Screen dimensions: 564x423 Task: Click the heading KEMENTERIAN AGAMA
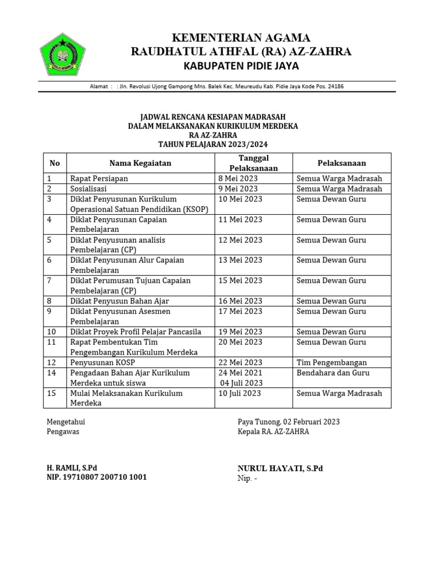[241, 37]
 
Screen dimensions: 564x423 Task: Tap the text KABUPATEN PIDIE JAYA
[241, 67]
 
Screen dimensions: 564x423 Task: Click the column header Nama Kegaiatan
[140, 163]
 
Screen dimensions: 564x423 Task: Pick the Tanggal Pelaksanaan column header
[253, 163]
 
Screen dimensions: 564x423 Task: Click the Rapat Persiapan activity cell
[100, 178]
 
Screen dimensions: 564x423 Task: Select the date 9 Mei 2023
[238, 189]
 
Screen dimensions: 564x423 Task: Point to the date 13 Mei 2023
[240, 260]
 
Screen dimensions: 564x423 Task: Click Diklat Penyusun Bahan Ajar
[119, 301]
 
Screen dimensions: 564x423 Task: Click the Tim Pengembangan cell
[332, 362]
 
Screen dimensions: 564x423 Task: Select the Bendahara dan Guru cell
[333, 373]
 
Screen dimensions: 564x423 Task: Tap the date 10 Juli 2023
[240, 393]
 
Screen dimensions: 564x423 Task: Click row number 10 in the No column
[52, 332]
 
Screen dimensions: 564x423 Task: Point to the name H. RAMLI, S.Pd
[74, 468]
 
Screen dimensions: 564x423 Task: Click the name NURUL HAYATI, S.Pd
[280, 468]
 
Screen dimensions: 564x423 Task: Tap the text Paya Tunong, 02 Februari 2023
[289, 422]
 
